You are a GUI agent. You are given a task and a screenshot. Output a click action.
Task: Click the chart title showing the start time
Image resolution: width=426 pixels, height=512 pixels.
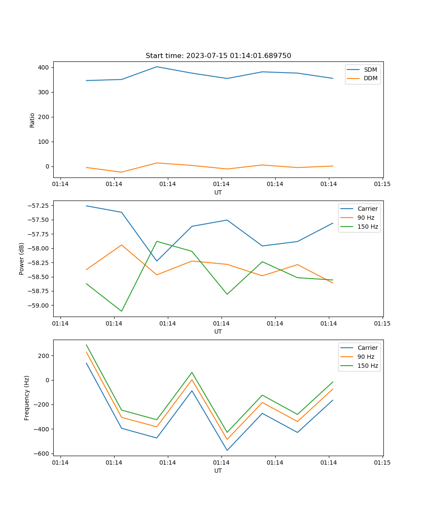point(218,56)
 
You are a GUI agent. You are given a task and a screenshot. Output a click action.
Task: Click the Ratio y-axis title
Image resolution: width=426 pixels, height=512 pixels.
point(32,120)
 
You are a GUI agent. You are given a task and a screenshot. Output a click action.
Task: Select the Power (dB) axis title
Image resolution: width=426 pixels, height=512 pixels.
point(22,259)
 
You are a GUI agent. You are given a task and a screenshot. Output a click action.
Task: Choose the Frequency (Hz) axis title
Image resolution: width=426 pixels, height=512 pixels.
point(27,398)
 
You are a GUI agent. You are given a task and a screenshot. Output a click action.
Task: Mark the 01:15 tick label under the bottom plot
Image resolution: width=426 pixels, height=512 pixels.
point(382,462)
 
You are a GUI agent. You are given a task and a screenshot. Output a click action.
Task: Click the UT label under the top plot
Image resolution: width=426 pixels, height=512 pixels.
point(218,192)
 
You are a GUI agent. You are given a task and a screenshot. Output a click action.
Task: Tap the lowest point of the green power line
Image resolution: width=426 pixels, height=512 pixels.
point(121,311)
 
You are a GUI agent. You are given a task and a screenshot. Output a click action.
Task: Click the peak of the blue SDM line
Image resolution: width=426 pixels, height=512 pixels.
point(157,67)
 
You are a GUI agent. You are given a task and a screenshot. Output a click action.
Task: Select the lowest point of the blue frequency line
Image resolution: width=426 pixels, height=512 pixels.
point(227,450)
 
